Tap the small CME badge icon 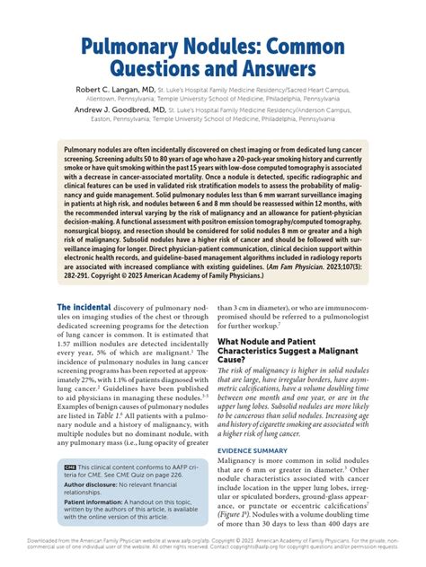click(x=70, y=493)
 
